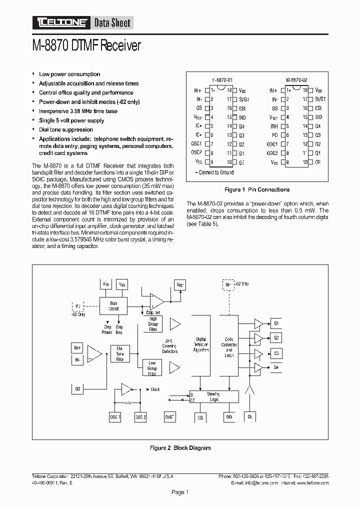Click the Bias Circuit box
[x=114, y=305]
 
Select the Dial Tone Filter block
[x=120, y=353]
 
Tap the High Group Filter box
[x=153, y=324]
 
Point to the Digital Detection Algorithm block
[x=201, y=345]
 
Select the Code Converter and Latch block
[x=229, y=345]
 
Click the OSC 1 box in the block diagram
[x=115, y=417]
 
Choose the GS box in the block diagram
[x=77, y=388]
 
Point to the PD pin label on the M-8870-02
[x=275, y=135]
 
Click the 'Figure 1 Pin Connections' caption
[x=257, y=190]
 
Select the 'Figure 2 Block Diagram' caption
[x=180, y=448]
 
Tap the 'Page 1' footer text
[x=180, y=492]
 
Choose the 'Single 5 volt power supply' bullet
[x=71, y=120]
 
